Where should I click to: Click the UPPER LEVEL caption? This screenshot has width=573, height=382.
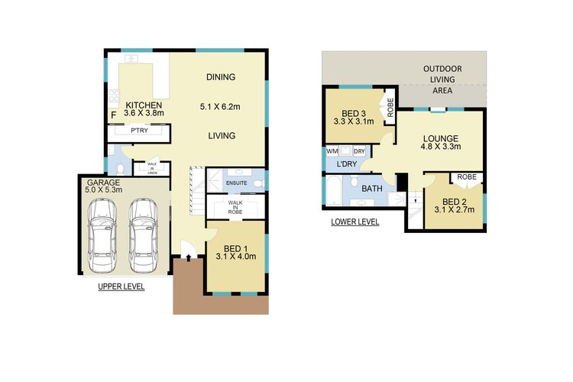(121, 287)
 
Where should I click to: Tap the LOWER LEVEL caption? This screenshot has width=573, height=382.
(354, 222)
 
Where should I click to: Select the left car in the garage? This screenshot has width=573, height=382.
(102, 235)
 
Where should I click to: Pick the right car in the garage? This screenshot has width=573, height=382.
(144, 235)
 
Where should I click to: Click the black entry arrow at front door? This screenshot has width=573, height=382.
(188, 258)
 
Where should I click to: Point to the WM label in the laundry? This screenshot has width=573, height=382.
(332, 151)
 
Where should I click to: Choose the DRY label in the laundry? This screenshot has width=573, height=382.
(360, 151)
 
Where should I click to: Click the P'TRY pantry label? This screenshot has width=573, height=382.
(139, 131)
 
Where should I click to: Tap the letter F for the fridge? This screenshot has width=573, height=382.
(114, 115)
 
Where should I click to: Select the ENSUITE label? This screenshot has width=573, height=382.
(236, 183)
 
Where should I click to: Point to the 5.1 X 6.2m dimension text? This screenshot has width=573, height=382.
(220, 107)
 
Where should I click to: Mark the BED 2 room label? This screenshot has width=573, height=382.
(455, 202)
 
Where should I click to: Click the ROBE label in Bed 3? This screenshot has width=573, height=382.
(390, 107)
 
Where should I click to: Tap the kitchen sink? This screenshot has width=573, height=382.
(131, 59)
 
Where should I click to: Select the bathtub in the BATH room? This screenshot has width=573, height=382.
(333, 190)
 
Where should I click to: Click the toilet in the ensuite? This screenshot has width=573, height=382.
(259, 183)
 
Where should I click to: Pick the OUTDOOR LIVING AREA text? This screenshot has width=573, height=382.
(442, 79)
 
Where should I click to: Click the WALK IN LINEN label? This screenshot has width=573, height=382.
(152, 169)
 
